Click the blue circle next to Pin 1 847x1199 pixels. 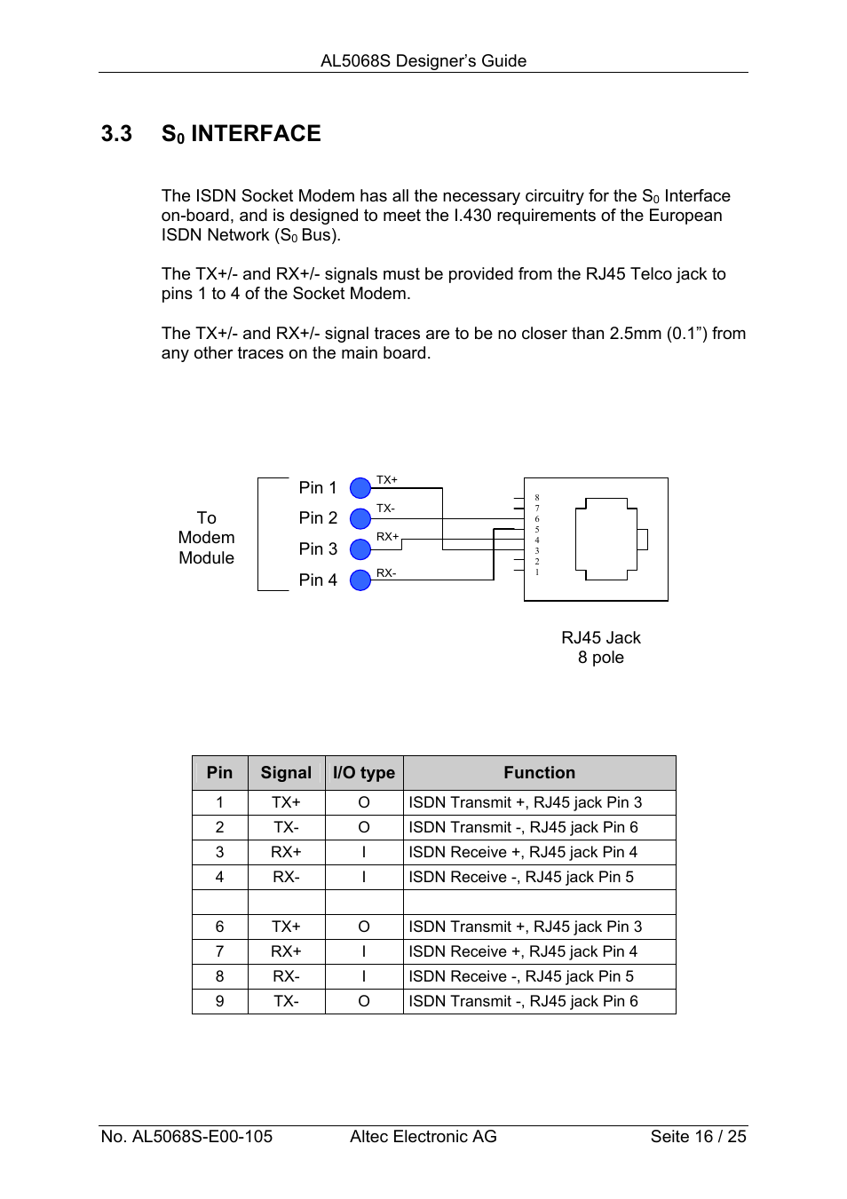tap(360, 487)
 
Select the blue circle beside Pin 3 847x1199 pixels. tap(360, 549)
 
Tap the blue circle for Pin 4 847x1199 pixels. tap(360, 580)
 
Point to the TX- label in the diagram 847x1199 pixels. tap(385, 509)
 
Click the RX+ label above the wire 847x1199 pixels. tap(387, 537)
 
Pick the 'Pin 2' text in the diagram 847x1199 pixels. tap(318, 518)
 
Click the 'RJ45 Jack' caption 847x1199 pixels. tap(600, 638)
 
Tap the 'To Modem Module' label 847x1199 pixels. tap(206, 538)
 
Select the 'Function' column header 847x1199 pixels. tap(539, 773)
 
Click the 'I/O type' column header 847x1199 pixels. tap(364, 773)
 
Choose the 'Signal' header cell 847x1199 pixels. tap(286, 773)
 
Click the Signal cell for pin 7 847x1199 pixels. tap(286, 951)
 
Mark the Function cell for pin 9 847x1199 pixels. tap(523, 1001)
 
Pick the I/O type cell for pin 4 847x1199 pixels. tap(364, 877)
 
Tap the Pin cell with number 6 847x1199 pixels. tap(219, 927)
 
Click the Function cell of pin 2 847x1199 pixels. tap(523, 827)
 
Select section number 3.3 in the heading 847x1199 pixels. tap(116, 134)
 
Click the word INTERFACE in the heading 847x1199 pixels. tap(256, 134)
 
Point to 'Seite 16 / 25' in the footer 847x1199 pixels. tap(698, 1137)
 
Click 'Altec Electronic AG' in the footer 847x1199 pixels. tap(423, 1137)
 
